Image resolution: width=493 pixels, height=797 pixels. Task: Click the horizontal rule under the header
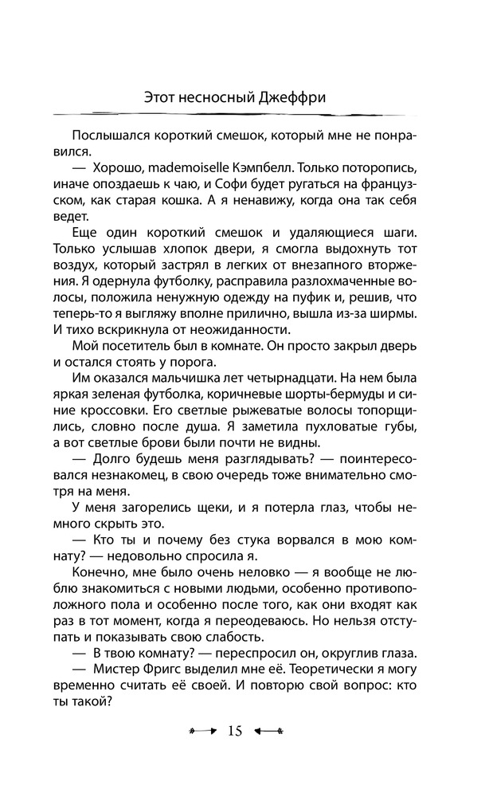[246, 114]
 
